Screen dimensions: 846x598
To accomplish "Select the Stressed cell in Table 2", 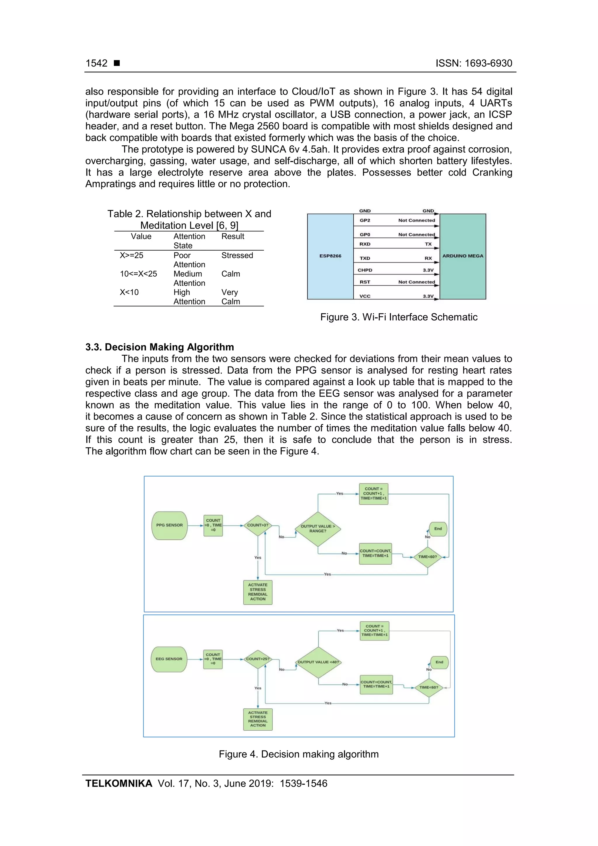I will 237,255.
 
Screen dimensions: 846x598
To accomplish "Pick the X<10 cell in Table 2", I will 129,292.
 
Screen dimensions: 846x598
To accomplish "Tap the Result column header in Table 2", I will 232,237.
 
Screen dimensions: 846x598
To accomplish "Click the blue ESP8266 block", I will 330,256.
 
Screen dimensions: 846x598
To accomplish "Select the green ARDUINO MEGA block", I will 463,256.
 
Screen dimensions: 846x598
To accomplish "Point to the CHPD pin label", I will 365,270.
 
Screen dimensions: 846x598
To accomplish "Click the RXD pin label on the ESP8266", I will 365,244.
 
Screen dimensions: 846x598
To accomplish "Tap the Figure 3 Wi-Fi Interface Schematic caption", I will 399,317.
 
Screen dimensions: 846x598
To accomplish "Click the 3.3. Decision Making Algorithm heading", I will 159,347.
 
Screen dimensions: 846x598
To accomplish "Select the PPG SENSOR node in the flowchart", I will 169,525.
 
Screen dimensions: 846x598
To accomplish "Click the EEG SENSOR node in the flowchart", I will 169,659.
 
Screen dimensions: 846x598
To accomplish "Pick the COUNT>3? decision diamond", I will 258,525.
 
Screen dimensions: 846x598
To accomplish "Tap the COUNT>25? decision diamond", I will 258,659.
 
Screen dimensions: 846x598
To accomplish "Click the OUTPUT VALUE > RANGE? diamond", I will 318,529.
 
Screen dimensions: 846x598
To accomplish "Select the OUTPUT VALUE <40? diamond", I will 318,662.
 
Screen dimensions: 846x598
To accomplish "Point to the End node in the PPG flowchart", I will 438,529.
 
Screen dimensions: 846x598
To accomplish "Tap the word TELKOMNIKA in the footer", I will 119,784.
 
